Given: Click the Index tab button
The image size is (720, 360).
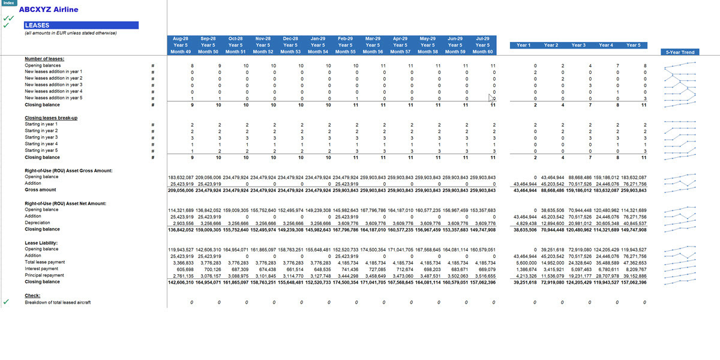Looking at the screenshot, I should (8, 2).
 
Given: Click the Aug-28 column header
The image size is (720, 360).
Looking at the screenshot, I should (181, 38).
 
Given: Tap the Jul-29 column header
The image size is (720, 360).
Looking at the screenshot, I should (482, 38).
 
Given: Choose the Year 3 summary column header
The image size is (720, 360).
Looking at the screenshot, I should (578, 45).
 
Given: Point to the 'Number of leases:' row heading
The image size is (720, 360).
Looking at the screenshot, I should (44, 59).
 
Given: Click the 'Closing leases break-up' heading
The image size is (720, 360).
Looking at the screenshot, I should (50, 118).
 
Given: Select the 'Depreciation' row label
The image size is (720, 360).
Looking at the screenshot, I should (37, 223).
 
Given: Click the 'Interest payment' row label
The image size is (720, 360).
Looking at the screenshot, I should (41, 269).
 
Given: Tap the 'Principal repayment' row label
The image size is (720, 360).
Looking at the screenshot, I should (44, 275).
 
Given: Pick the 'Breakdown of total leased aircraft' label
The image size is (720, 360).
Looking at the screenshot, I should (58, 302).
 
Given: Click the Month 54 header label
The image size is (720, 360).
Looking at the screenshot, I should (318, 52).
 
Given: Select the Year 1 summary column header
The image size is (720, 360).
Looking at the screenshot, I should (523, 45).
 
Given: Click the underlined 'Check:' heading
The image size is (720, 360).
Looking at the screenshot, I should (32, 295).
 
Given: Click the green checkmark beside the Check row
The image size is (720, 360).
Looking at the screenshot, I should (6, 302).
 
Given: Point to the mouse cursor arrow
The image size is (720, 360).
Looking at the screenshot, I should (491, 98).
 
